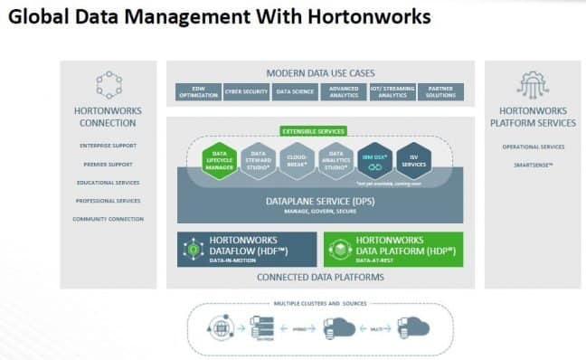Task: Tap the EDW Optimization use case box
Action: point(197,91)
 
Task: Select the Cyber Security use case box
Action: point(246,91)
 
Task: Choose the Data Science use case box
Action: point(295,91)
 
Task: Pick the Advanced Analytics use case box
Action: point(344,91)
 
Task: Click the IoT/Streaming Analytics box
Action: point(392,91)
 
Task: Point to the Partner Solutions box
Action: point(441,91)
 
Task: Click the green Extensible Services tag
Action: point(313,131)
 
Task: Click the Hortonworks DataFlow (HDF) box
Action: point(247,249)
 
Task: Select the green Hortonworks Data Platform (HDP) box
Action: point(392,249)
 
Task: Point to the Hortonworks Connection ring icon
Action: point(109,84)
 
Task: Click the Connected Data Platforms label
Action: point(320,277)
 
